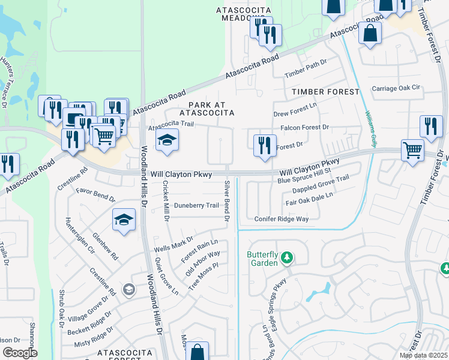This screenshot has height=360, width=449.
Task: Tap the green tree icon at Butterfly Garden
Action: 288,258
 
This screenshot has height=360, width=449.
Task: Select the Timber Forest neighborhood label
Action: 325,91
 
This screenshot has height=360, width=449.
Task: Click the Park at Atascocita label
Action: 206,107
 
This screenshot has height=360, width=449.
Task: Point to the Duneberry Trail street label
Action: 196,205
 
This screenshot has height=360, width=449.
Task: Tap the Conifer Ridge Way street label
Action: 281,219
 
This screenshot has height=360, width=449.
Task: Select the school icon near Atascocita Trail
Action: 167,141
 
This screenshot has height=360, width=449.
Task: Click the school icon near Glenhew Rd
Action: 124,220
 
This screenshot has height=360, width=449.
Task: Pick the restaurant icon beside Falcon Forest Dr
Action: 264,145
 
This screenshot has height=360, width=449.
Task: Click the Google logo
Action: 20,353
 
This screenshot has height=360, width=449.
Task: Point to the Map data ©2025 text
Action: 424,355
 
